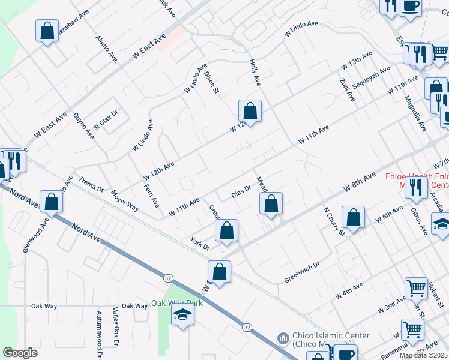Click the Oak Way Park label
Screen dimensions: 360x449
176,303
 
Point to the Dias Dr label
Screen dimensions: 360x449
240,192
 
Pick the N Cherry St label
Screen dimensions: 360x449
334,221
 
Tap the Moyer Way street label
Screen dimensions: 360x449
125,200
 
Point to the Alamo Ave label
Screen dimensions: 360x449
107,49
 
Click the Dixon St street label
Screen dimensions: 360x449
212,83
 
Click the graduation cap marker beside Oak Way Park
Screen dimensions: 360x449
182,314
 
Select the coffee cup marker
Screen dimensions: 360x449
410,8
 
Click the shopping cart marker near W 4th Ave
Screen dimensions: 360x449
416,289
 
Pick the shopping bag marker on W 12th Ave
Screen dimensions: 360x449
250,112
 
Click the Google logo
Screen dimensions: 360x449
20,353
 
